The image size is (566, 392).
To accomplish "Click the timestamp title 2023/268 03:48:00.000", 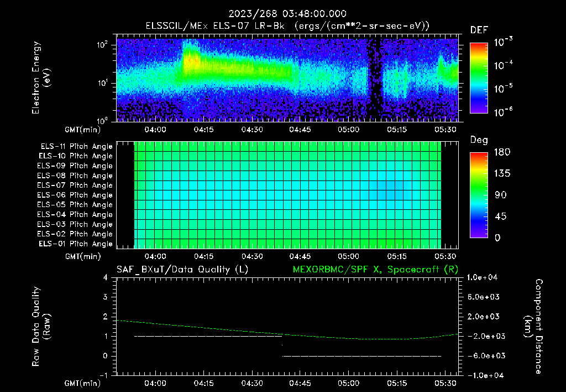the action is coord(287,14).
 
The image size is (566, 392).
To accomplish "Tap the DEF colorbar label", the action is coord(479,30).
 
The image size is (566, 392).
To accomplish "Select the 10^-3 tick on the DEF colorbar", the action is coord(503,42).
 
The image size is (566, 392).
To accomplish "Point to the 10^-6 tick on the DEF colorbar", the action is coord(503,112).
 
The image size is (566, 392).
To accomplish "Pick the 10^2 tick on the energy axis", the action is coord(102,45).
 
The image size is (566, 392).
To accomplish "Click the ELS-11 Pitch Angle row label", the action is coord(76,147).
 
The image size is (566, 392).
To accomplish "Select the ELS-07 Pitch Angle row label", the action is coord(75,185).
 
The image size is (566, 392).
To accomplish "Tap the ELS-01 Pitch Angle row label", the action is coord(75,244).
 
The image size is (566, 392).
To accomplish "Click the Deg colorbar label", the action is coord(479,140).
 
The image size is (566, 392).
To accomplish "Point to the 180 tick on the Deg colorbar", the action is coord(502,152).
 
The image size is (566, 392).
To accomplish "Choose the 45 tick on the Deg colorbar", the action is coord(500,216).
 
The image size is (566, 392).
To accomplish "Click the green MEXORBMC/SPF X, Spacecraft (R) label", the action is coord(375,270).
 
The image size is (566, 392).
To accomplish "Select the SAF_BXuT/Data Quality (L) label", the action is coord(182,270).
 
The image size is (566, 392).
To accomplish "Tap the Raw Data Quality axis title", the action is coord(41,327).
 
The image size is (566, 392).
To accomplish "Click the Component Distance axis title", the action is coord(533,327).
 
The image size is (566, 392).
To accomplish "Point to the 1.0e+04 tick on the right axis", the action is coord(482,277).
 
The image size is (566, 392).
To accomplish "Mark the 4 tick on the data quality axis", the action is coord(106,278).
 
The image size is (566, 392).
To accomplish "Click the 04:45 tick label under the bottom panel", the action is coord(300,383).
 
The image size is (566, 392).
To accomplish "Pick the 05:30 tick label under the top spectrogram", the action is coord(446,130).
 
